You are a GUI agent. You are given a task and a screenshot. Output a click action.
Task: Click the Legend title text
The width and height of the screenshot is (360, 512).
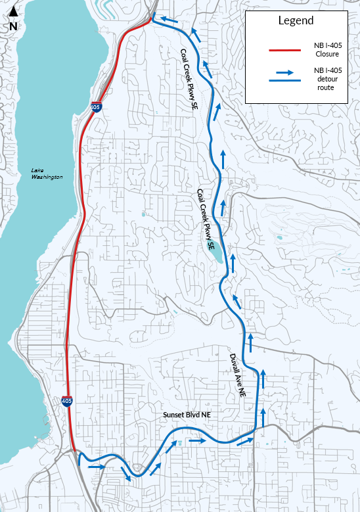click(296, 21)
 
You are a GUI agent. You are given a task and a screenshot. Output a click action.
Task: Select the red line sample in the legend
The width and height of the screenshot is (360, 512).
click(284, 49)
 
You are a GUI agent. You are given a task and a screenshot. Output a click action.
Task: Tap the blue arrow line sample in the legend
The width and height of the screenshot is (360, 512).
click(284, 80)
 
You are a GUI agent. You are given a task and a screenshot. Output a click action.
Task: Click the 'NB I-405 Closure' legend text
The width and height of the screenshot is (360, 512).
click(327, 49)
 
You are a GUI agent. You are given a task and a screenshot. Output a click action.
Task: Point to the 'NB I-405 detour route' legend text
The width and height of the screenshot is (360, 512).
click(327, 79)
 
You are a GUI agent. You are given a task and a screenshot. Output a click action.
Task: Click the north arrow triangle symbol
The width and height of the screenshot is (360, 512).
click(13, 11)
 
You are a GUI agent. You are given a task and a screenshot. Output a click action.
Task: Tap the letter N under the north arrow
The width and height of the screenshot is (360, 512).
click(13, 26)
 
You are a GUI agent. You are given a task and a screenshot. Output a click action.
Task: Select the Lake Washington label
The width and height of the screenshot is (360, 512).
click(47, 174)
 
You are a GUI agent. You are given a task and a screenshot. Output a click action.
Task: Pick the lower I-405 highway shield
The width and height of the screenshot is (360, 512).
click(68, 400)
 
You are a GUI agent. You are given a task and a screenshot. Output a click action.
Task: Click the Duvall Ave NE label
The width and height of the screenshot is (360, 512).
click(237, 375)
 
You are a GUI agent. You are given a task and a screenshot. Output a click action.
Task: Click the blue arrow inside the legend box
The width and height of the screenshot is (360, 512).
click(284, 73)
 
